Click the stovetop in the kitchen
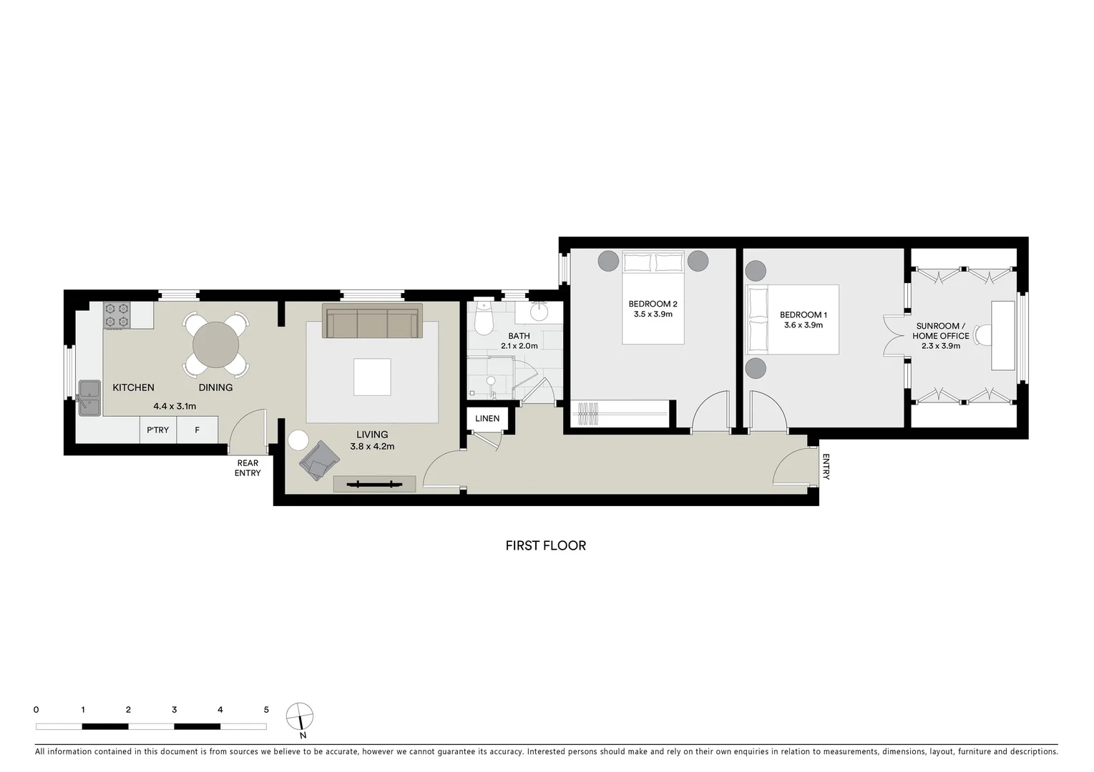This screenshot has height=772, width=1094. pos(117,315)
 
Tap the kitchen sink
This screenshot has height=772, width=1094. pos(89,396)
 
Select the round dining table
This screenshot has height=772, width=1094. pos(215,345)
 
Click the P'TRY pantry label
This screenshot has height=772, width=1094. pos(157,430)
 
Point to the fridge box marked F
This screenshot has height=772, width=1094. pos(197,430)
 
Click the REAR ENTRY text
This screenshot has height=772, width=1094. pos(248,468)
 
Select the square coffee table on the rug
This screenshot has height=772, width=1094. pos(372,377)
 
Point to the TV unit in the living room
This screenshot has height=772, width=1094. pos(374,485)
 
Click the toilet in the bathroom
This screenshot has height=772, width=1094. pos(484,320)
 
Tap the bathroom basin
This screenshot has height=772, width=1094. pos(539,312)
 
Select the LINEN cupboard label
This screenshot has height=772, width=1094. pos(487,419)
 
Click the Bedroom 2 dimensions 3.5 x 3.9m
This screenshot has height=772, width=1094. pos(653,314)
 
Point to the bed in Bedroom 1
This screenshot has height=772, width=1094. pos(792,320)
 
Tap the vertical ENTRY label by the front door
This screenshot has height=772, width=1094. pos(826,467)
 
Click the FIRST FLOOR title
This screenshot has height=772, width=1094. pos(545,545)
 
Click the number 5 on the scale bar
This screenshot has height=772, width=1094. pos(266,710)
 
